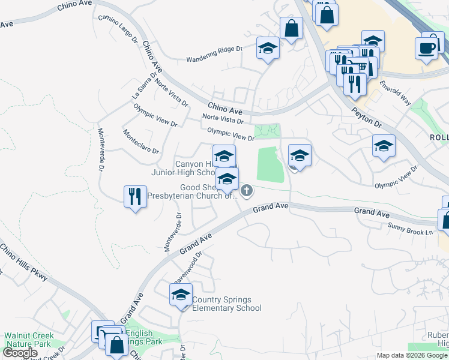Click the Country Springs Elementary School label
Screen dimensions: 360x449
(x=227, y=304)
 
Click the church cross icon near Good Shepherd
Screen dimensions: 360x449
(x=247, y=191)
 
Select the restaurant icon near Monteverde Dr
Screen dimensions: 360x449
(x=134, y=195)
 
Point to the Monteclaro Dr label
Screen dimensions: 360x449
(x=140, y=142)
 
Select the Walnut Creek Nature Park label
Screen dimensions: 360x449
(x=29, y=340)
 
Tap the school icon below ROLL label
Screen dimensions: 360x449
(x=384, y=146)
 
